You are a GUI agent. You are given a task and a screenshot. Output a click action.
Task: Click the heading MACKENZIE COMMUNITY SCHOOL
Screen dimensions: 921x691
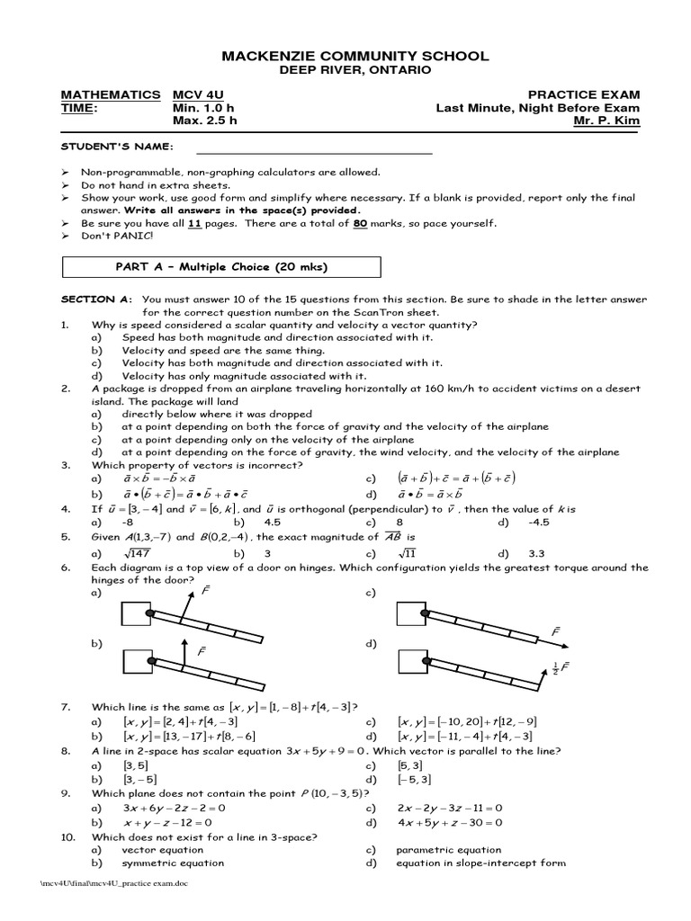354,56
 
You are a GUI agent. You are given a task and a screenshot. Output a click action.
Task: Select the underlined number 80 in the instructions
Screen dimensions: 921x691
359,223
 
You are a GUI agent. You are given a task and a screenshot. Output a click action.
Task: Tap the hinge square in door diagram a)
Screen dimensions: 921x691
138,613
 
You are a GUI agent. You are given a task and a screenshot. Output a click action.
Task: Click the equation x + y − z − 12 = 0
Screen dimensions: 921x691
167,822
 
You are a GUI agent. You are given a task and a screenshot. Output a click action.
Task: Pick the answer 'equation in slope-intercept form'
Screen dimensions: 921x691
480,863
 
